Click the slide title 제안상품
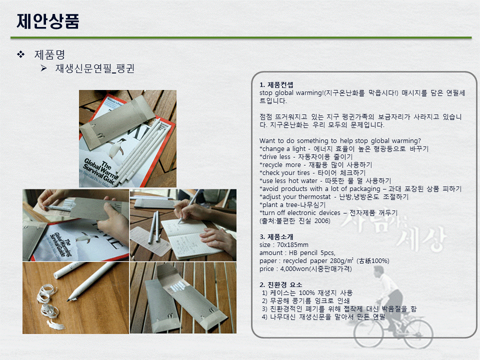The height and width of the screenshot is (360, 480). coord(48,21)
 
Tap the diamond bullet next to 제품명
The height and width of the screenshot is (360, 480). coord(21,54)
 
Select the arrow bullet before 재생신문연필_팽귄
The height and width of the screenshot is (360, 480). coord(44,68)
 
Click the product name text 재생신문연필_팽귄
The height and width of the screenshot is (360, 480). coord(95,68)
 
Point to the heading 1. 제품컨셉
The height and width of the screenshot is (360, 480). coord(276,85)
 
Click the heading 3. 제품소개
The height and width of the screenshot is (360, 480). coord(276,236)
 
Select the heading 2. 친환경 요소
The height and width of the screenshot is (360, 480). coord(280,284)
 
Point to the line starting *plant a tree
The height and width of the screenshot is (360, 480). coord(292,205)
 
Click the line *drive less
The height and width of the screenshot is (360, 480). coord(306,156)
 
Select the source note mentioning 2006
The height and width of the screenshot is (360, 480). coord(295,220)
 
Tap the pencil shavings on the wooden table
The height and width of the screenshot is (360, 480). coord(49,306)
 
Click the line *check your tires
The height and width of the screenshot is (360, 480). coord(312,172)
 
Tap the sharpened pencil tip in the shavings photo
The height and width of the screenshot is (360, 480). coord(71,298)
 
